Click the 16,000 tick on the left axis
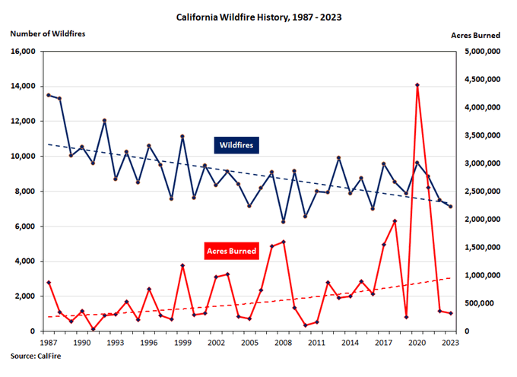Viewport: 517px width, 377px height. pos(24,52)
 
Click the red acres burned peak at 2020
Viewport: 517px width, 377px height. pos(417,85)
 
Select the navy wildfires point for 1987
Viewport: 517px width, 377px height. pos(49,95)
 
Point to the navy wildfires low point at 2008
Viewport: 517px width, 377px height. pos(284,221)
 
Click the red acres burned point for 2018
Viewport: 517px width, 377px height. pos(395,221)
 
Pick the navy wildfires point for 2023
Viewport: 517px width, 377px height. pos(451,207)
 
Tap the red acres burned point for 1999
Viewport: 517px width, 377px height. pos(182,265)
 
